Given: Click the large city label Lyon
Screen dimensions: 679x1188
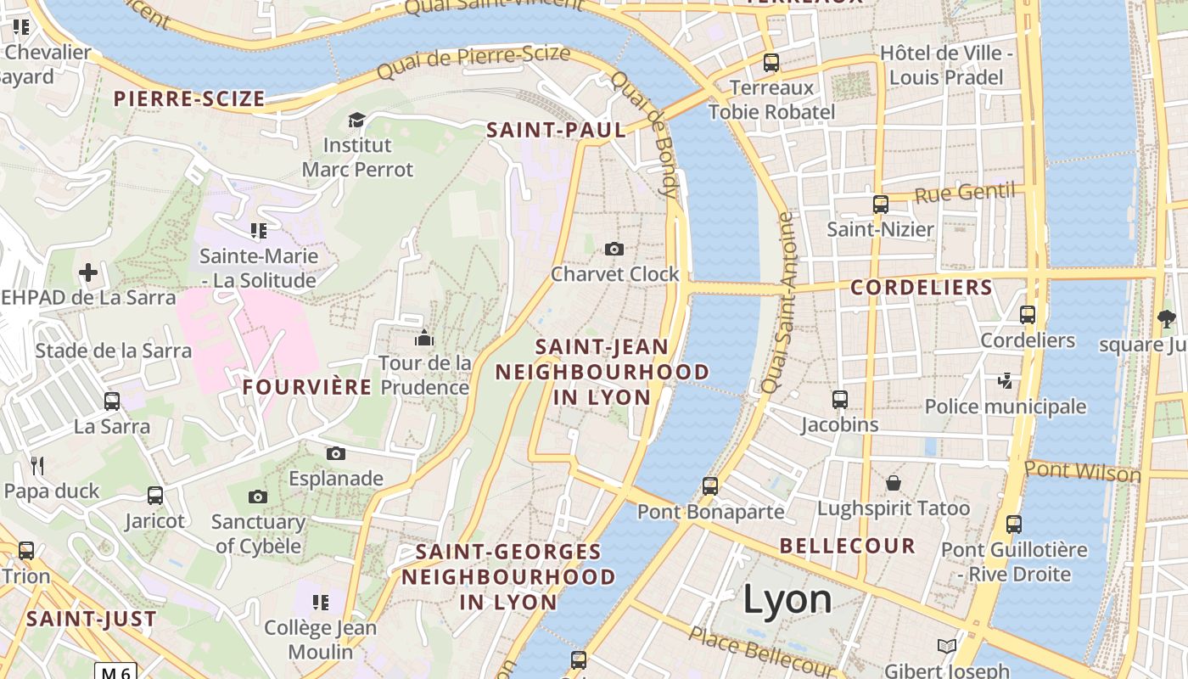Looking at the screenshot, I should point(787,600).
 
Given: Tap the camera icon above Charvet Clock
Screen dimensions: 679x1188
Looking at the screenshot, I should point(614,249).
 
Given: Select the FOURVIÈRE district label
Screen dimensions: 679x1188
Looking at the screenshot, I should point(307,387).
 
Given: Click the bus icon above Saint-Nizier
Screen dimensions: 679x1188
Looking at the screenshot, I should point(880,205).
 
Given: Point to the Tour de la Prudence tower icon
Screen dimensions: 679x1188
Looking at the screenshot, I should point(424,339).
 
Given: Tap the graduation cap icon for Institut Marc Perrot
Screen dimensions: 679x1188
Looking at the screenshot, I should point(356,121).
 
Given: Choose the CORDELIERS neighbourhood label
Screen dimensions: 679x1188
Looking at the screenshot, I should point(921,288).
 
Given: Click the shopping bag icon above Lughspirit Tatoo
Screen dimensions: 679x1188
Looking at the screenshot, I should point(893,483).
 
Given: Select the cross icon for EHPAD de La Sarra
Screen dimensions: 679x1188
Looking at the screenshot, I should point(88,272).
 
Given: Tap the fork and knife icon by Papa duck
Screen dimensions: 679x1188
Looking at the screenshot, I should point(37,465).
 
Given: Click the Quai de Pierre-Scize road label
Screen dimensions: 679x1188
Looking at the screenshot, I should point(474,63).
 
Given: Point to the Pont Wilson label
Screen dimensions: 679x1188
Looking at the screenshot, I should point(1082,470).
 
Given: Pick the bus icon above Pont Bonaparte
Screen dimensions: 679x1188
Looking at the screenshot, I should point(710,486).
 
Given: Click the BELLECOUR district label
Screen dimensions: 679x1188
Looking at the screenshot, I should point(847,546).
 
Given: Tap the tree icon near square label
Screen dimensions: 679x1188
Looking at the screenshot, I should point(1166,319).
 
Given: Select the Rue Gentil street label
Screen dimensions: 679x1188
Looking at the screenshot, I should point(964,193).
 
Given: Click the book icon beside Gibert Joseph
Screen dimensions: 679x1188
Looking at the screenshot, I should point(946,646).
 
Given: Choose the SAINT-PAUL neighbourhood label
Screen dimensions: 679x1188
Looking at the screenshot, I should point(556,130).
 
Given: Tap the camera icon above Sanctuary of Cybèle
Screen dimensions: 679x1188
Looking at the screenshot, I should point(258,497).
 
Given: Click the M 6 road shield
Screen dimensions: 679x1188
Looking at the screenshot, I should point(115,672).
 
